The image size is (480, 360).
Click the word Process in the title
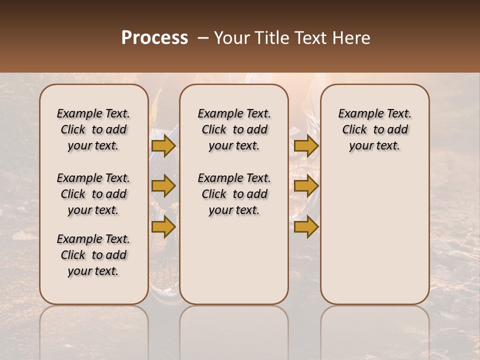(x=154, y=38)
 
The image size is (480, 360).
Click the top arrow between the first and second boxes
(x=163, y=146)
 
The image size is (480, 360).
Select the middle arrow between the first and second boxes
(x=163, y=186)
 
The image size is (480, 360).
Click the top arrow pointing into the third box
(x=306, y=146)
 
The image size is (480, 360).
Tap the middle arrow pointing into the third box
(x=306, y=186)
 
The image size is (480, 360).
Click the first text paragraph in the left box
(x=93, y=129)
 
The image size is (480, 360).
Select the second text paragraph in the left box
(x=93, y=194)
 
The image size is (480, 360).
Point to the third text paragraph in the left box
(x=93, y=255)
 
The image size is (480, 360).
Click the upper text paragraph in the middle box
(x=234, y=129)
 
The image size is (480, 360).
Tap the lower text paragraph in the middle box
(x=234, y=194)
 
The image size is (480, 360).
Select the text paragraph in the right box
(x=374, y=129)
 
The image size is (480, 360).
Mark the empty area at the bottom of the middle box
(x=234, y=265)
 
